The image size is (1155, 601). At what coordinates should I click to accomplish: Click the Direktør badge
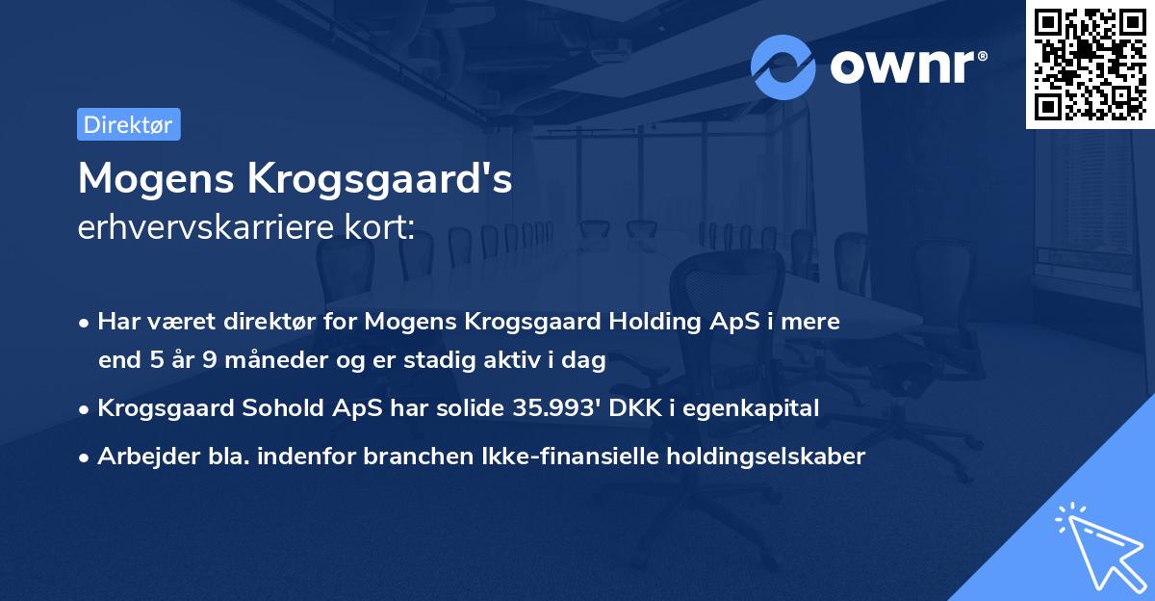coord(128,124)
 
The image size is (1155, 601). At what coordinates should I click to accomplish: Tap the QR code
coord(1091,64)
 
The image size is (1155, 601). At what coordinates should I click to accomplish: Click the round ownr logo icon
coord(783,66)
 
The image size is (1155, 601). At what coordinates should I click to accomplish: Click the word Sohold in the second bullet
coord(275,408)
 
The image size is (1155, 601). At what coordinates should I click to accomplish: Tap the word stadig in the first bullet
coord(437,361)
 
